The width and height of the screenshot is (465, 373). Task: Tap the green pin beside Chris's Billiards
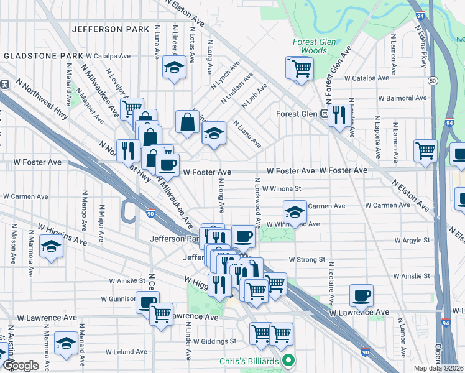288,361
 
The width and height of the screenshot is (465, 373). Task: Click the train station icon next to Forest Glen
324,114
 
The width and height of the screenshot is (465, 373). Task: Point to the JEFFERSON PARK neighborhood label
111,29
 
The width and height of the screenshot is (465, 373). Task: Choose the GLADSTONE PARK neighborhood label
44,56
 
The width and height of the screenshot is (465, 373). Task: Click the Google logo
20,366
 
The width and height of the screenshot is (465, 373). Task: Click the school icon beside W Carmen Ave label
295,211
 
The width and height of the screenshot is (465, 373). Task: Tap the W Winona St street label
282,188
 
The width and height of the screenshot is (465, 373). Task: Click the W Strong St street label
307,259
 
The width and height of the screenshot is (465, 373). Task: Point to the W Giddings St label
214,341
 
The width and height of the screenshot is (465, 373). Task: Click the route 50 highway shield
433,81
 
